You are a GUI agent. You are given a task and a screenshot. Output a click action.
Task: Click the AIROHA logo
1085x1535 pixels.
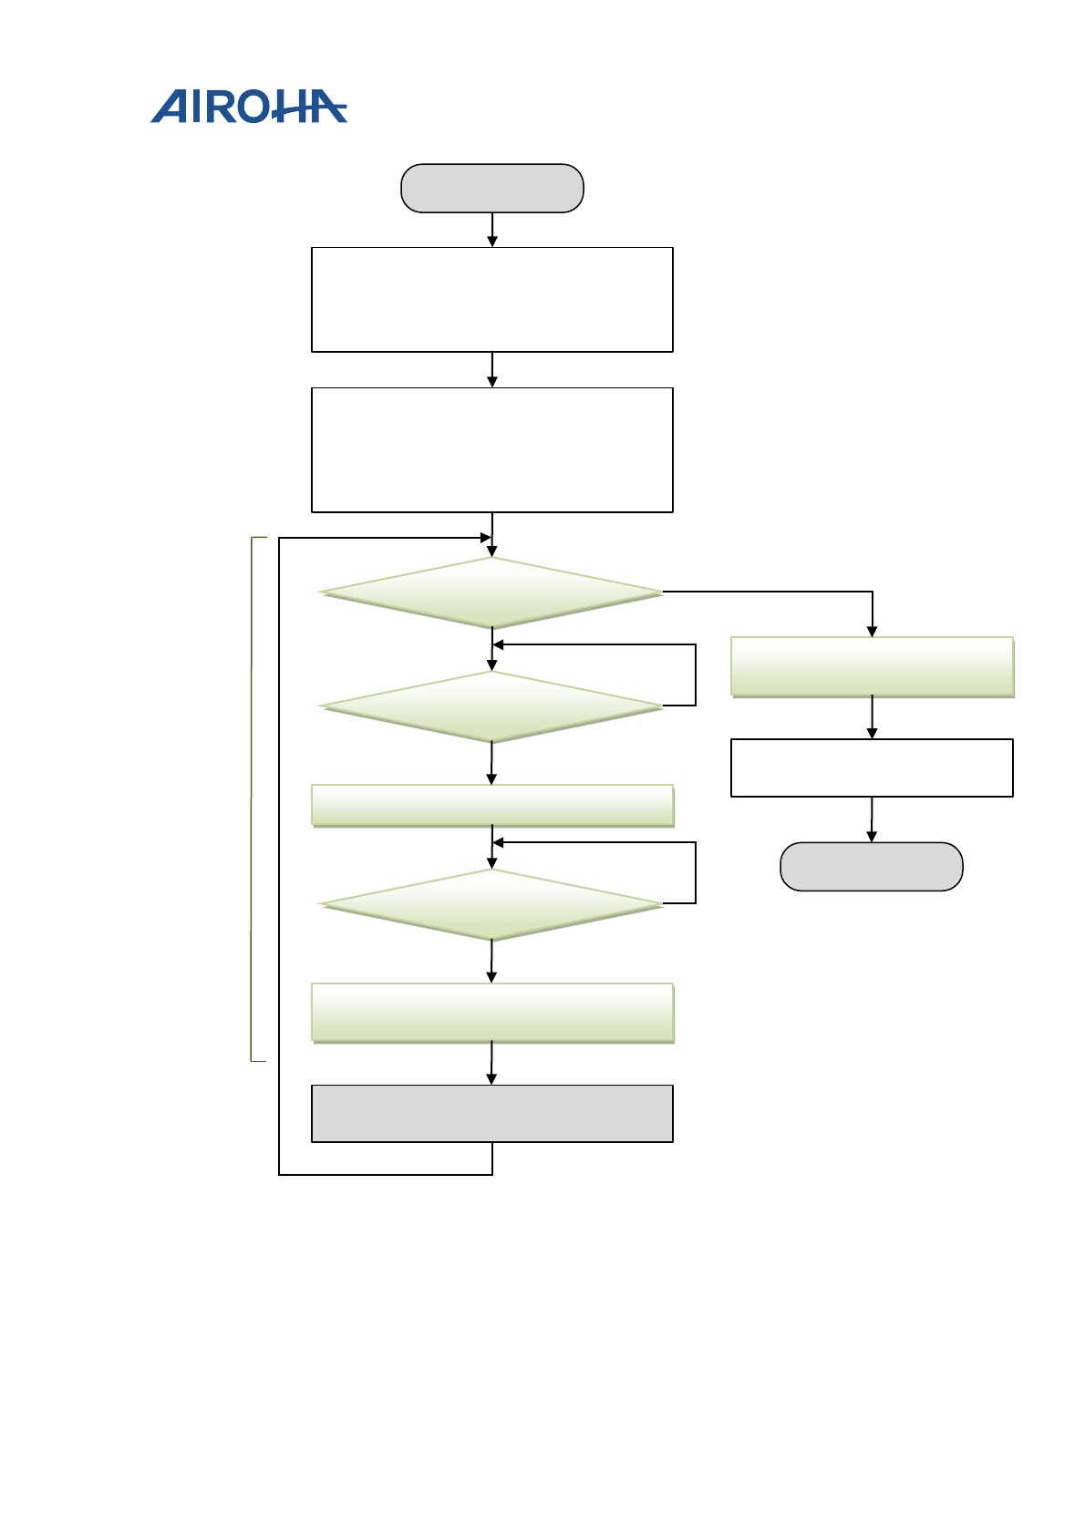(248, 107)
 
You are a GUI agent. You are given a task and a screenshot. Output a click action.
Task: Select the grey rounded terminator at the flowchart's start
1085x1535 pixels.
(491, 189)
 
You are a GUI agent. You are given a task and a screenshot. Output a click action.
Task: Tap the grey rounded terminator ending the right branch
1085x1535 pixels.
(871, 866)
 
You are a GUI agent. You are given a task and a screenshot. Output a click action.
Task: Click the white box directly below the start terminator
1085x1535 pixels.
(491, 299)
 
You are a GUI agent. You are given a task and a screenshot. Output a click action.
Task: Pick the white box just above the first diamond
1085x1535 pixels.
(491, 449)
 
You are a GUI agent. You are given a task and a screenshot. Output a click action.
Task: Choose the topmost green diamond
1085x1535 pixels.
(491, 592)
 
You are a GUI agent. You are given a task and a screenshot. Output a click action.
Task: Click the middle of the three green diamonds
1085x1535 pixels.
(491, 706)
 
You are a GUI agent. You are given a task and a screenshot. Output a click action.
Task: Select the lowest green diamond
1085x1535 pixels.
(491, 904)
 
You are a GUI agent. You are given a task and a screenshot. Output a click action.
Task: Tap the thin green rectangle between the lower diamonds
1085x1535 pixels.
(491, 806)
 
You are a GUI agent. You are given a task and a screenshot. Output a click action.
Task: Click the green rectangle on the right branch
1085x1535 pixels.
(872, 666)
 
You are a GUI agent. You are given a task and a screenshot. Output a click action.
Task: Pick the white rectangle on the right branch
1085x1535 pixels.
(872, 767)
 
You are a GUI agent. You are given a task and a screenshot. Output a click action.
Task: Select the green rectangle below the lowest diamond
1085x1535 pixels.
(491, 1012)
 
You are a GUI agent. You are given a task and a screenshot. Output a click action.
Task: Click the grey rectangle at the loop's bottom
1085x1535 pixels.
(491, 1113)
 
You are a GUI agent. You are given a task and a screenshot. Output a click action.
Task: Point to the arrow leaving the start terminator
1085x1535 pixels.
(492, 230)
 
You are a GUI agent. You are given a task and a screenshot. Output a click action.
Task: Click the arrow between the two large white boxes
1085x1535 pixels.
(492, 370)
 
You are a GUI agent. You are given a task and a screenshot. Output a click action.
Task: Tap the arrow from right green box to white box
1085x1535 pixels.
(873, 718)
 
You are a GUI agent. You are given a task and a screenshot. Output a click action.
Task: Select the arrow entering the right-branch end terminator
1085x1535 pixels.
(872, 819)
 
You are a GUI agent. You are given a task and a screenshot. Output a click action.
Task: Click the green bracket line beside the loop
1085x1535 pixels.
(252, 798)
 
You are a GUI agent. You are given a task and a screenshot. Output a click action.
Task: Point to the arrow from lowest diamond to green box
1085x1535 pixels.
(491, 962)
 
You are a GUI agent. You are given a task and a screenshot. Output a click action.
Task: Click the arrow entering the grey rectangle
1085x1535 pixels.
(491, 1064)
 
